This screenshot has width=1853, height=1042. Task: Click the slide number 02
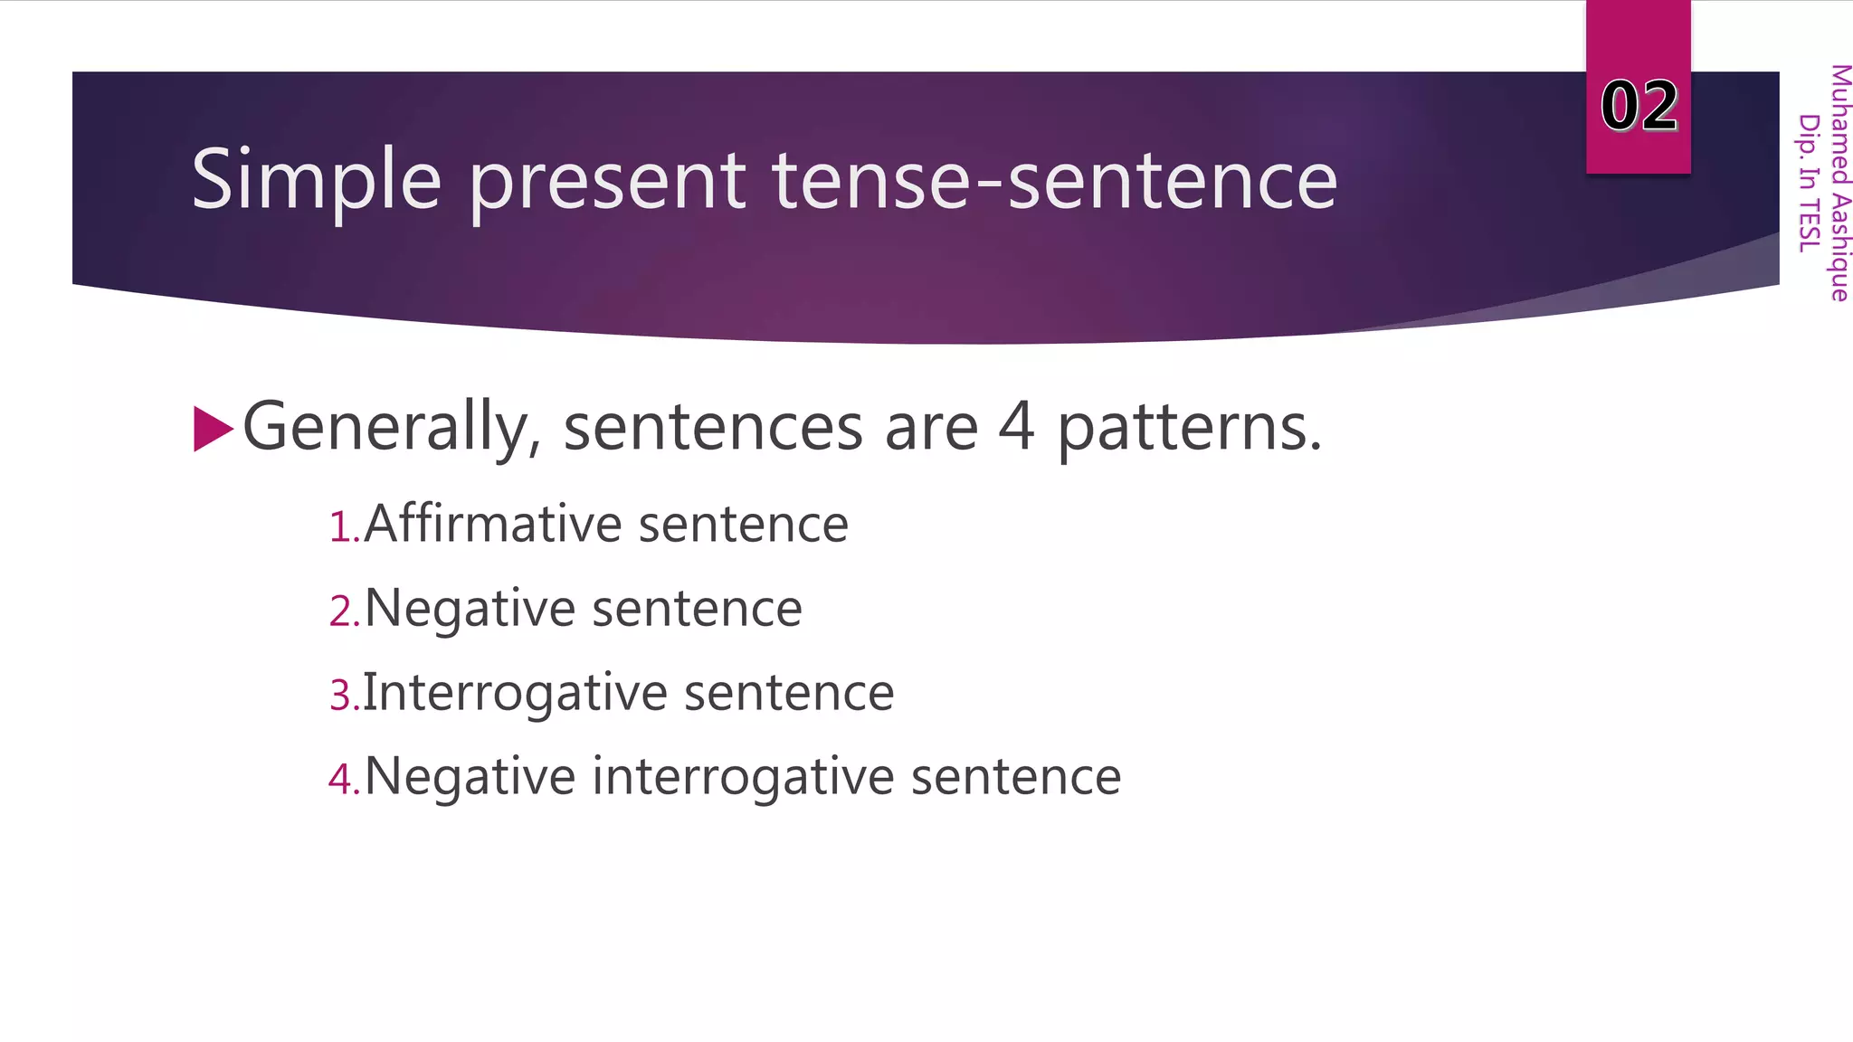(x=1639, y=106)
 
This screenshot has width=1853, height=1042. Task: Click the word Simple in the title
(x=316, y=181)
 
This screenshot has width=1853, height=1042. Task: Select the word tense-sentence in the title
(x=1054, y=181)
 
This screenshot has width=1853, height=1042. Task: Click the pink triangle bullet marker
(x=213, y=429)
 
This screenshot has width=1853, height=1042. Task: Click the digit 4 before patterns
(x=1016, y=427)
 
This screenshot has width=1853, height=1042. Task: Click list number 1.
(x=342, y=527)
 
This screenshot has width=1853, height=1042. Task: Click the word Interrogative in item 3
(x=516, y=694)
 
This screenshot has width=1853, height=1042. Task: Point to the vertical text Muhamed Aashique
(x=1839, y=182)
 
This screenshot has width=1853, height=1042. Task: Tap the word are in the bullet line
(x=931, y=429)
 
